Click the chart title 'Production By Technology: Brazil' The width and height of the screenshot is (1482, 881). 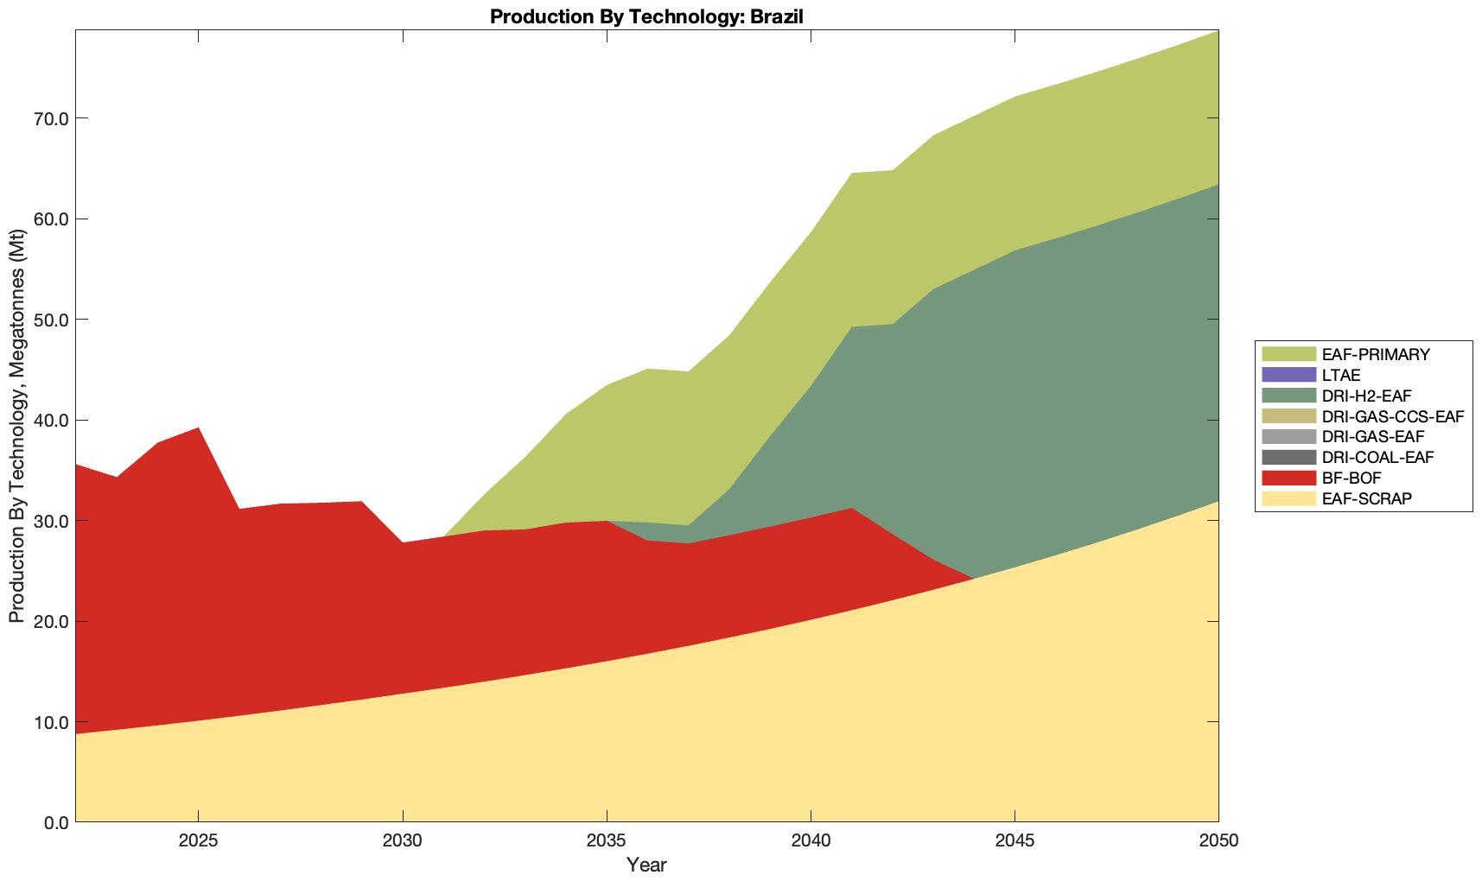pos(646,16)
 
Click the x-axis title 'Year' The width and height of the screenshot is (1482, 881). pos(646,865)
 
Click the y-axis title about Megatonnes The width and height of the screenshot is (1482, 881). pos(16,426)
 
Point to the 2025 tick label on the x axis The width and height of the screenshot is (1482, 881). pos(198,842)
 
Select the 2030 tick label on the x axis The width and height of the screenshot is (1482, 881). pos(403,842)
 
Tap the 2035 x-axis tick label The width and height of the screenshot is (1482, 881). pos(607,842)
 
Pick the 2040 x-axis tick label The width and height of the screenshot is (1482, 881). pos(811,842)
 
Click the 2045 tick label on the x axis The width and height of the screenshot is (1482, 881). pos(1015,842)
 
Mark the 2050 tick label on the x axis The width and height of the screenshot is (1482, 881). pos(1218,842)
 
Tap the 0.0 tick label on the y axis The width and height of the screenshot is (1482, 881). pos(55,822)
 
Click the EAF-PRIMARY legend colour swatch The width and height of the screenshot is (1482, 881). pos(1288,354)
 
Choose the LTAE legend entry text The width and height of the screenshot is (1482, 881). pos(1341,375)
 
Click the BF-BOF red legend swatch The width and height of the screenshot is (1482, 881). pos(1288,478)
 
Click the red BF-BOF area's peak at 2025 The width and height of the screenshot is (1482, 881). pos(199,429)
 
